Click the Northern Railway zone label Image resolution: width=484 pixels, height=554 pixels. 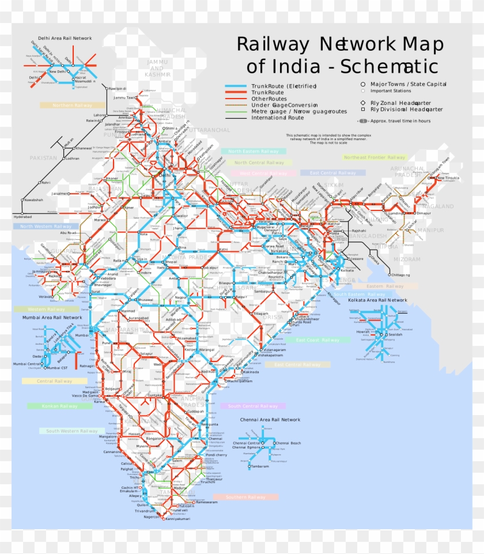(x=72, y=105)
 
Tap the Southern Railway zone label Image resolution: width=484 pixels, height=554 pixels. (x=245, y=497)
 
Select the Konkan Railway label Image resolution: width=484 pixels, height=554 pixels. (x=59, y=406)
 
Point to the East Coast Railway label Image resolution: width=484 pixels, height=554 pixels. (x=317, y=340)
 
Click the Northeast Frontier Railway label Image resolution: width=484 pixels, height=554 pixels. (x=375, y=157)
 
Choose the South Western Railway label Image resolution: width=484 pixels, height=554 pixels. (x=72, y=431)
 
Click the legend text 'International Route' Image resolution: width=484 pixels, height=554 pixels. (x=277, y=118)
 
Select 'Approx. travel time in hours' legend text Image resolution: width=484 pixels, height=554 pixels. (x=400, y=121)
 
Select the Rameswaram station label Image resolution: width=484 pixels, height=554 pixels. (x=208, y=502)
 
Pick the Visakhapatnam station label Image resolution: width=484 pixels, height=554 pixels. (x=273, y=355)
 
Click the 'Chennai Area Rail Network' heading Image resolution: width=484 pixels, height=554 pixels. (x=270, y=420)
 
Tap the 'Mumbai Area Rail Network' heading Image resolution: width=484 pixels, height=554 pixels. (x=52, y=317)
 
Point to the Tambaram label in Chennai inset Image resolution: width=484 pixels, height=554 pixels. (x=259, y=466)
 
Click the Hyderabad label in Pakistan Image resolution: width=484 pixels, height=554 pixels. (x=23, y=216)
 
